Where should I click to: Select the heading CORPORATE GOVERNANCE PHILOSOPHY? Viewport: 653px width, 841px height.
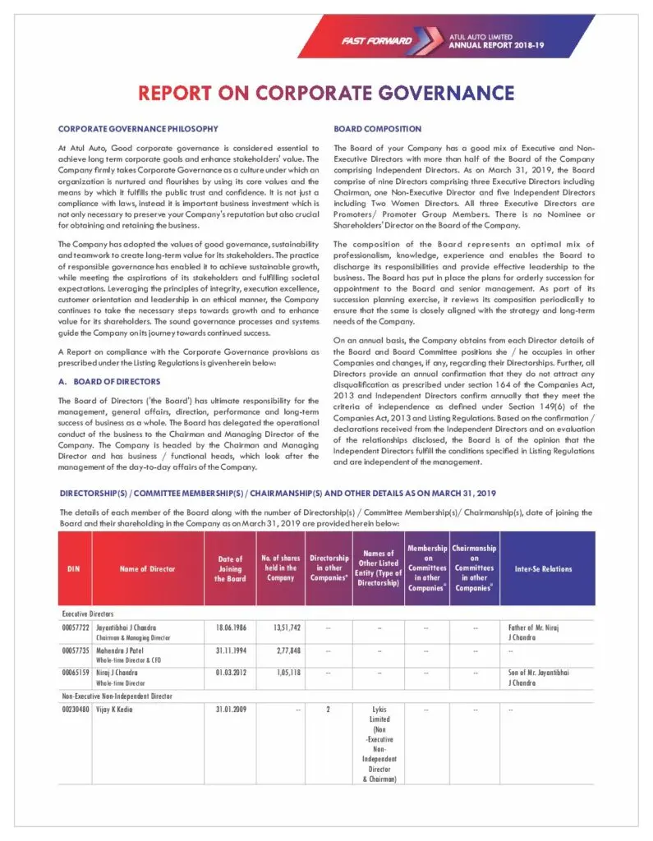click(138, 129)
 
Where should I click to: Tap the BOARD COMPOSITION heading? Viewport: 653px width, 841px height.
click(377, 129)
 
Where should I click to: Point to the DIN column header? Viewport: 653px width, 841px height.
click(73, 568)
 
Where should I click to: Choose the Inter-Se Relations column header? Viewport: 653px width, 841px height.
click(543, 568)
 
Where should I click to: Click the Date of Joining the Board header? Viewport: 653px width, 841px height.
click(230, 568)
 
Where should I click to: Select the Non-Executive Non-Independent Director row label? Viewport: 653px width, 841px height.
click(117, 696)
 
